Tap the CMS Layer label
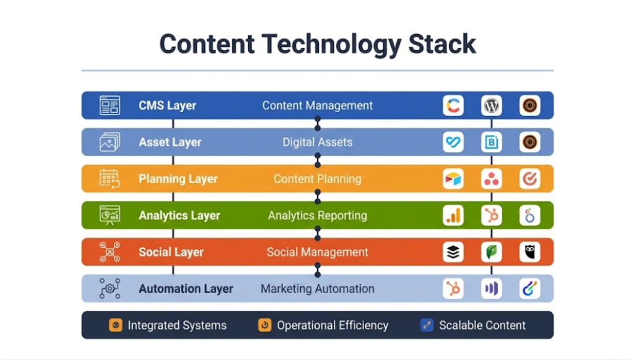(167, 105)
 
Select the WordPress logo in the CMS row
(492, 105)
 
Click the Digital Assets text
(317, 142)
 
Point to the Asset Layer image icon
(110, 142)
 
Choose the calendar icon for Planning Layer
(110, 178)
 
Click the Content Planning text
(317, 178)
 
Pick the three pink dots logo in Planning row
(492, 179)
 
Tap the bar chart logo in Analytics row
(453, 216)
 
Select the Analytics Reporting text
(317, 216)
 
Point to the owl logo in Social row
(530, 252)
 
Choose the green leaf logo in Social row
(492, 252)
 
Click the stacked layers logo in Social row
(453, 252)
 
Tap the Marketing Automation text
(317, 289)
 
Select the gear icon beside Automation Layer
(110, 289)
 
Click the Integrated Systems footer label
(176, 325)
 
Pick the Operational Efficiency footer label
(332, 325)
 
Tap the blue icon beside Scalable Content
(427, 325)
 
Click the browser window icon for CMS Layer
(110, 105)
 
